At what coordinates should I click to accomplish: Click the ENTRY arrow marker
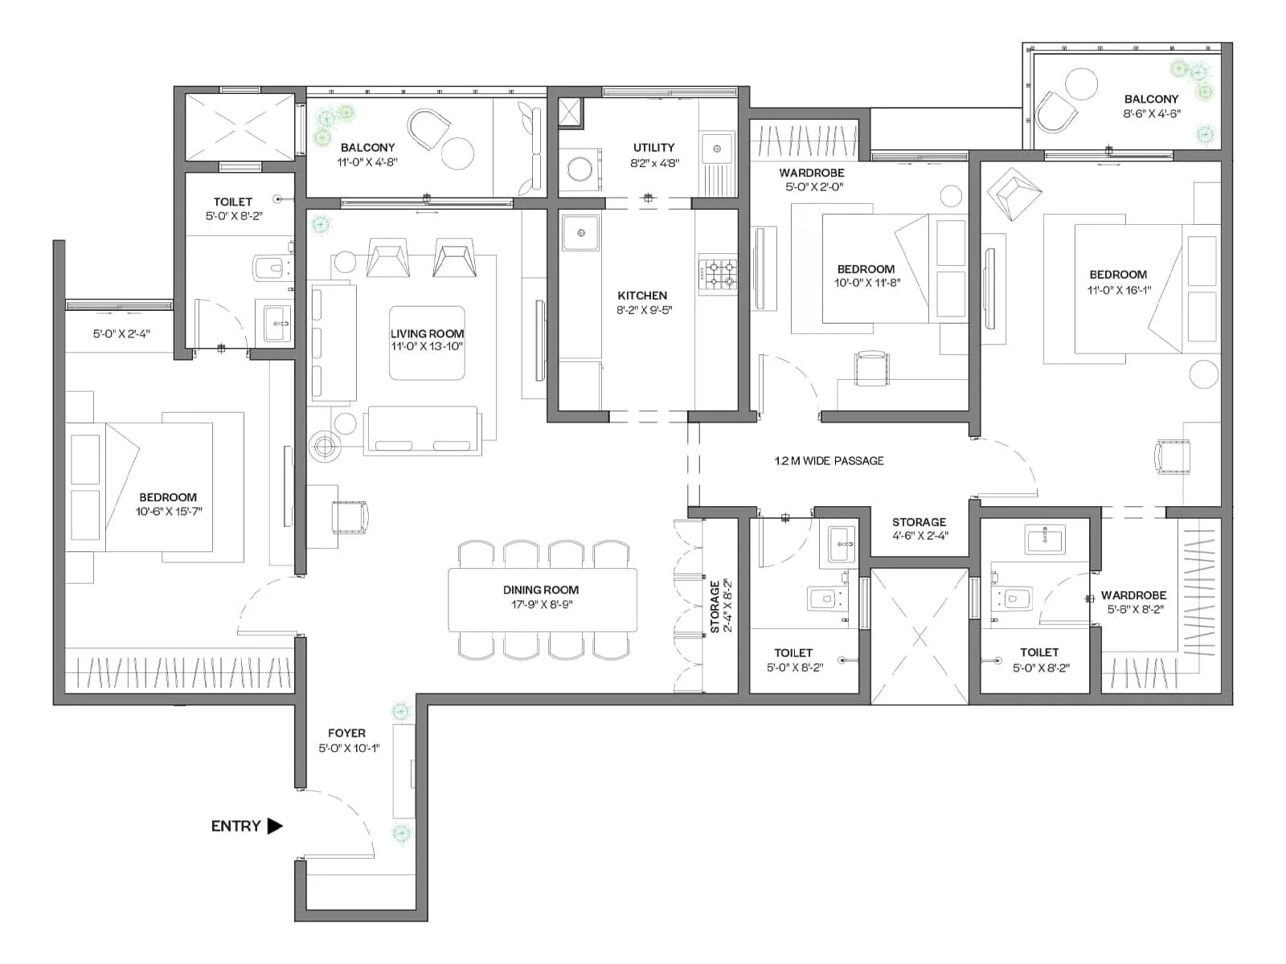(x=275, y=826)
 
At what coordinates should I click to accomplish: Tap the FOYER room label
(x=346, y=733)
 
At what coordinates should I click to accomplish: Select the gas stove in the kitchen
(x=718, y=274)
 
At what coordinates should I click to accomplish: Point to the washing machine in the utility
(x=580, y=170)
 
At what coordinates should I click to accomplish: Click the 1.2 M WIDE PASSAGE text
(x=829, y=461)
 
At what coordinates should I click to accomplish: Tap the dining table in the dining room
(x=543, y=599)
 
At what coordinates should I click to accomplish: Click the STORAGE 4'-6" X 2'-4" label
(x=919, y=529)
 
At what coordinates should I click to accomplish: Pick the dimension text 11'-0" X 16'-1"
(x=1119, y=290)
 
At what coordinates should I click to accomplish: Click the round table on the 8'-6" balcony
(x=1081, y=84)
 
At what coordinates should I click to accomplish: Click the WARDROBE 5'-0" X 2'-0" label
(x=811, y=180)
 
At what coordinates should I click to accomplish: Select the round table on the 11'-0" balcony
(x=458, y=153)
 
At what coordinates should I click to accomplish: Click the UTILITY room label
(x=653, y=148)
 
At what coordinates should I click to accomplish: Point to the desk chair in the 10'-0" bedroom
(x=871, y=368)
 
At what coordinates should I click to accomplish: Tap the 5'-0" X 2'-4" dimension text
(x=121, y=333)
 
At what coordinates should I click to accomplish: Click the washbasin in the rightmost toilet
(x=1044, y=539)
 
